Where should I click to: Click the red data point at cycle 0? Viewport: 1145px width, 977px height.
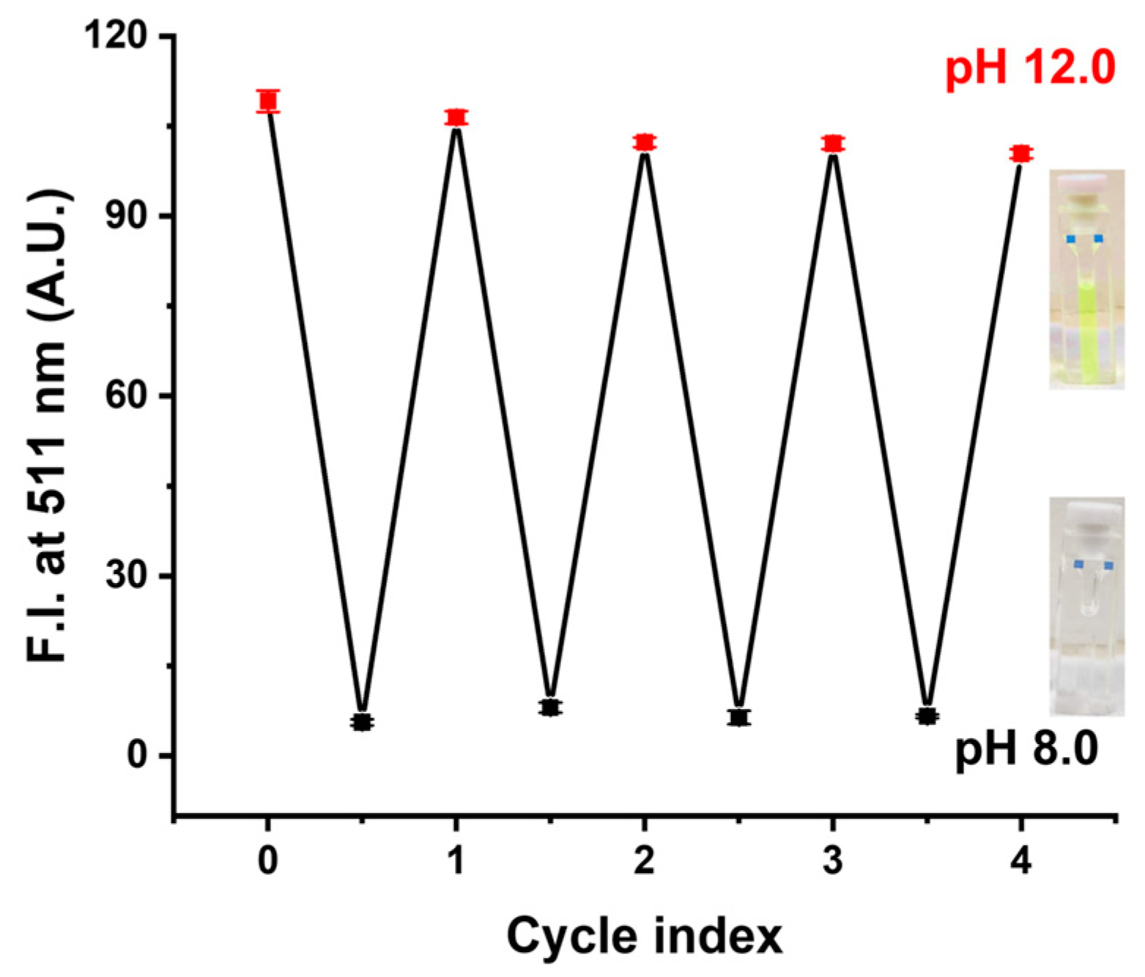point(268,100)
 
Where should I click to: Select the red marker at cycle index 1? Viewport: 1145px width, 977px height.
point(456,117)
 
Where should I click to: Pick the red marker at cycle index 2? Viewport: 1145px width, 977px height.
point(645,142)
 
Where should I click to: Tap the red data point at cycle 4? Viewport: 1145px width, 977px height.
point(1020,154)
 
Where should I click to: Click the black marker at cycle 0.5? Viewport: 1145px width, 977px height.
point(362,722)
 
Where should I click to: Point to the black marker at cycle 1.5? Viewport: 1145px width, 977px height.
point(550,707)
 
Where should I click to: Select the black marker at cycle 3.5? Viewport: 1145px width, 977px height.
point(927,716)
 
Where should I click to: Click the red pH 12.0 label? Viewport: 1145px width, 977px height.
point(1030,68)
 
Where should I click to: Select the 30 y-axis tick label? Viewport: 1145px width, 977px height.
point(128,576)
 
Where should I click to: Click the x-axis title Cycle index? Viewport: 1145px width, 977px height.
point(645,936)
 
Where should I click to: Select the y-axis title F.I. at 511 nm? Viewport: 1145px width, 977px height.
point(48,425)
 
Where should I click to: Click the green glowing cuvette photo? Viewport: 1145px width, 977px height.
point(1086,279)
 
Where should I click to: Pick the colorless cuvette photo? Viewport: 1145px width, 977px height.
point(1086,606)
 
